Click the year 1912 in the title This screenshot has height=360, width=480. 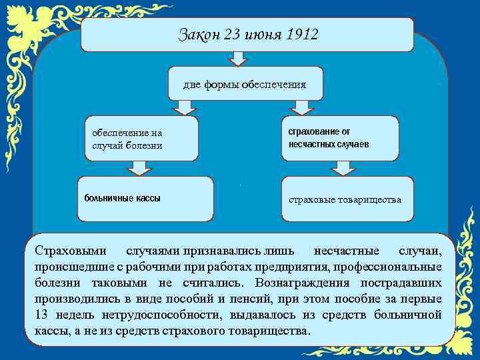301,35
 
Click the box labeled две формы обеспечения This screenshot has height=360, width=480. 245,84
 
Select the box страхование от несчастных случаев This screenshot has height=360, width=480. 340,139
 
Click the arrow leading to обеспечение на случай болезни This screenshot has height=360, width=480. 182,108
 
